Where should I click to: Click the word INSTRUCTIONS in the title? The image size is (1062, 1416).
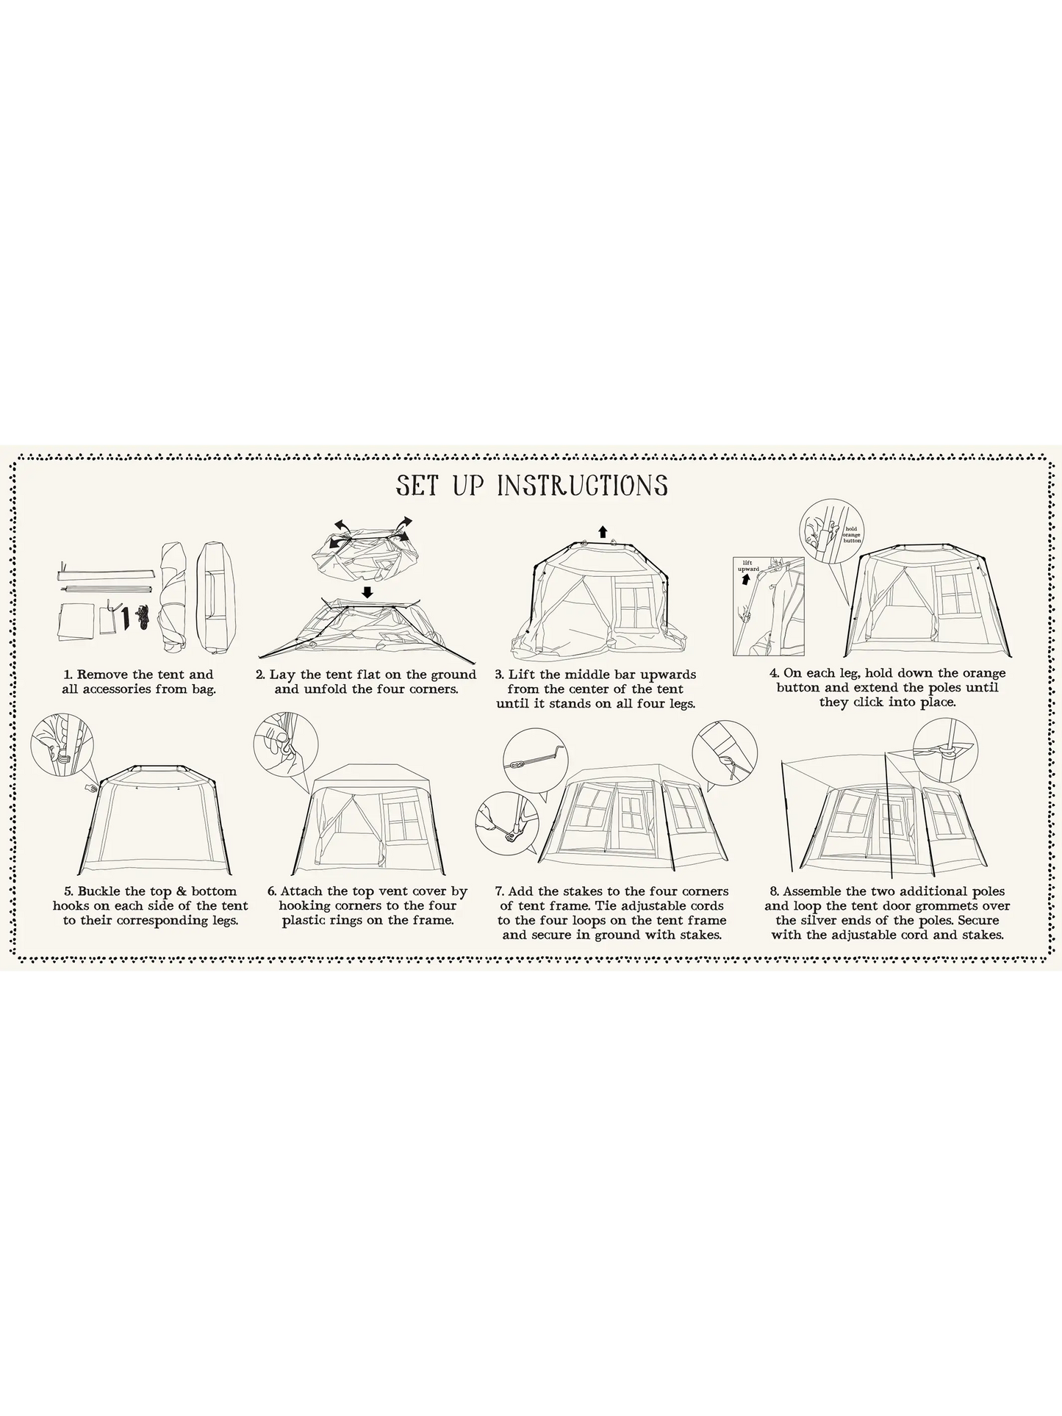coord(583,486)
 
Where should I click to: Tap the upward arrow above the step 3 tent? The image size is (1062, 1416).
coord(603,532)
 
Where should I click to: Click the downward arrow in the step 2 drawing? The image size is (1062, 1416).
coord(367,592)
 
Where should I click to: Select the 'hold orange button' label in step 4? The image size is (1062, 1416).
coord(852,534)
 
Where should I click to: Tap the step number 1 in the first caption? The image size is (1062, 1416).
coord(68,675)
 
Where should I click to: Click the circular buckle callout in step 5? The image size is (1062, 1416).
coord(63,744)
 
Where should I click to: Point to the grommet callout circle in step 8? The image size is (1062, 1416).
coord(946,750)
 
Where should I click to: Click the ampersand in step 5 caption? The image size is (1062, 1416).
coord(179,891)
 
